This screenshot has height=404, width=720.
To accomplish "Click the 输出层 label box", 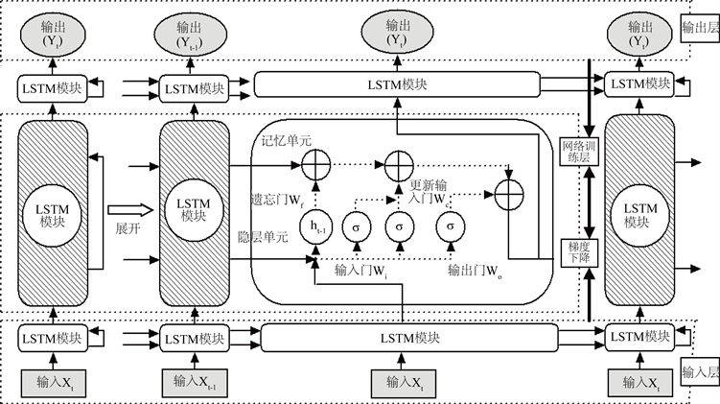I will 698,29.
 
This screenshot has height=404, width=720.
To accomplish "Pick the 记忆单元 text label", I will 287,141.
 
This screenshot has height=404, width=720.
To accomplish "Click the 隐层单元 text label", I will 262,237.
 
